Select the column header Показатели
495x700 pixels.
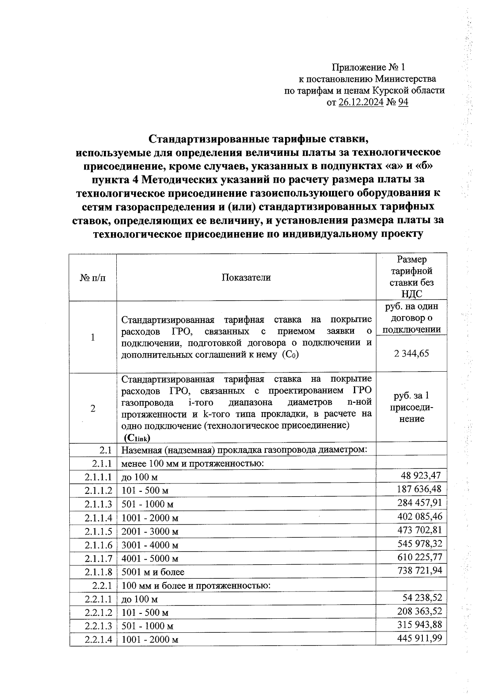coord(246,277)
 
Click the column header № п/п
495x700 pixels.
coord(93,278)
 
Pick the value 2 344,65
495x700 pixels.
coord(412,353)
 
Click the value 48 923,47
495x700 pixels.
coord(421,476)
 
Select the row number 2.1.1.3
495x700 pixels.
coord(98,504)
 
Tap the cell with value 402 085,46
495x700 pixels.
coord(420,516)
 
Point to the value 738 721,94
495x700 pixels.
coord(420,570)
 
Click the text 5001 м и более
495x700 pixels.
coord(153,572)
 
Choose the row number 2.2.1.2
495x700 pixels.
coord(98,613)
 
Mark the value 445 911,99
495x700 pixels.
coord(420,638)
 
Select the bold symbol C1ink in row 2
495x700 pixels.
coord(137,438)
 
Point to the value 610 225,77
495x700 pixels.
coord(420,557)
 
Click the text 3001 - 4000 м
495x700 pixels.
coord(150,545)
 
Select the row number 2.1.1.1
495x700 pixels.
coord(98,477)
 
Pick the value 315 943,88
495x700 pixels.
coord(420,625)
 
